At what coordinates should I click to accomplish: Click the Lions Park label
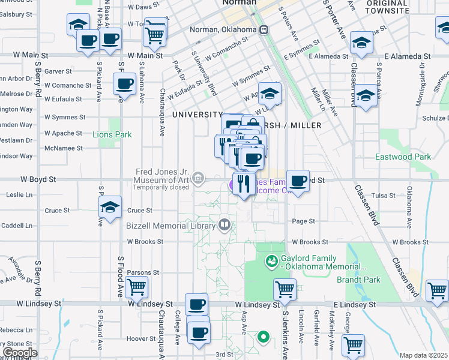tap(112, 134)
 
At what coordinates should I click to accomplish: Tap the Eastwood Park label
tap(403, 157)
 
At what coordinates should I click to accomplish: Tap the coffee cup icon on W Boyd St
tap(298, 180)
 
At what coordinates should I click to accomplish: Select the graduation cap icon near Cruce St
tap(110, 207)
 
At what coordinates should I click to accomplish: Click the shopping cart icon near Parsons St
tap(136, 287)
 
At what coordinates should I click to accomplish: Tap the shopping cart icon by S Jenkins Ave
tap(285, 289)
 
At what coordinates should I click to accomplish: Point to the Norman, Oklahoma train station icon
tap(264, 30)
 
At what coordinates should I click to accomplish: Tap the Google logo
tap(19, 353)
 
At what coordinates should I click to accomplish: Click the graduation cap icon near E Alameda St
tap(361, 42)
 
